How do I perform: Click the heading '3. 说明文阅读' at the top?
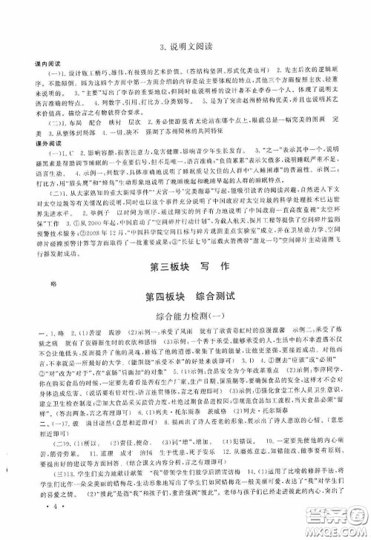[x=185, y=50]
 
